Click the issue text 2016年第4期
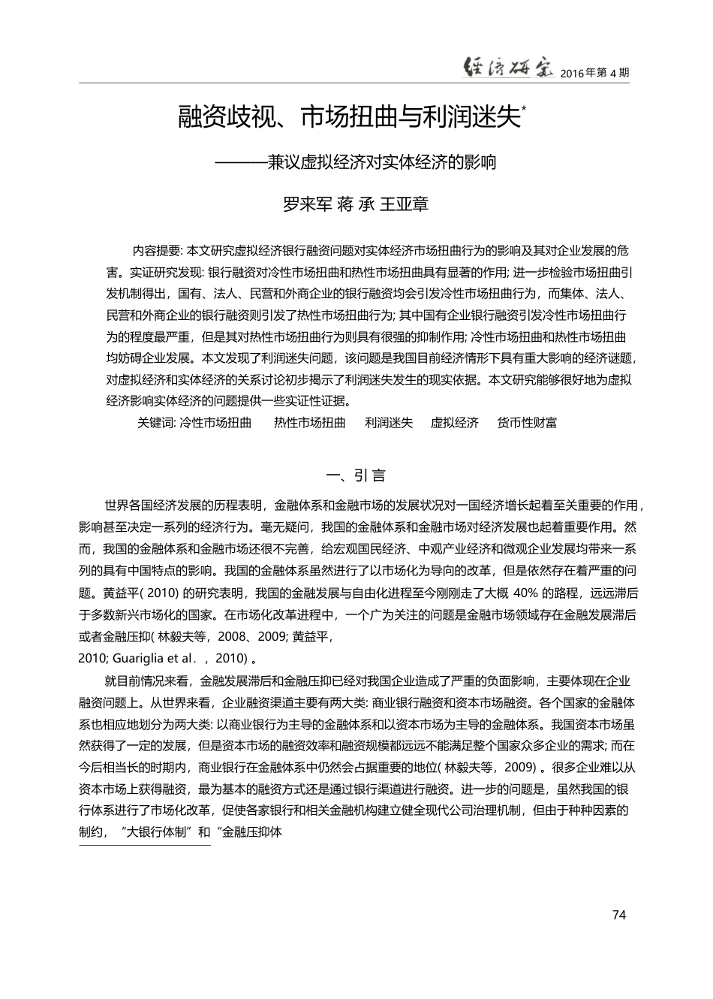[595, 73]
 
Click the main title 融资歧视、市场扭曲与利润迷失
[349, 118]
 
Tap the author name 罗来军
[305, 204]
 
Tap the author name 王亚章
[405, 204]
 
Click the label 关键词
[156, 423]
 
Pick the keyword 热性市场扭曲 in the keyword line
[310, 423]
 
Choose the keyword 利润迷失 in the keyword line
[389, 423]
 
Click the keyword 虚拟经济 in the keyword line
[454, 423]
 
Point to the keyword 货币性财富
[528, 423]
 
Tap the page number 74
[619, 914]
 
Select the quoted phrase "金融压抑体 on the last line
[248, 832]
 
